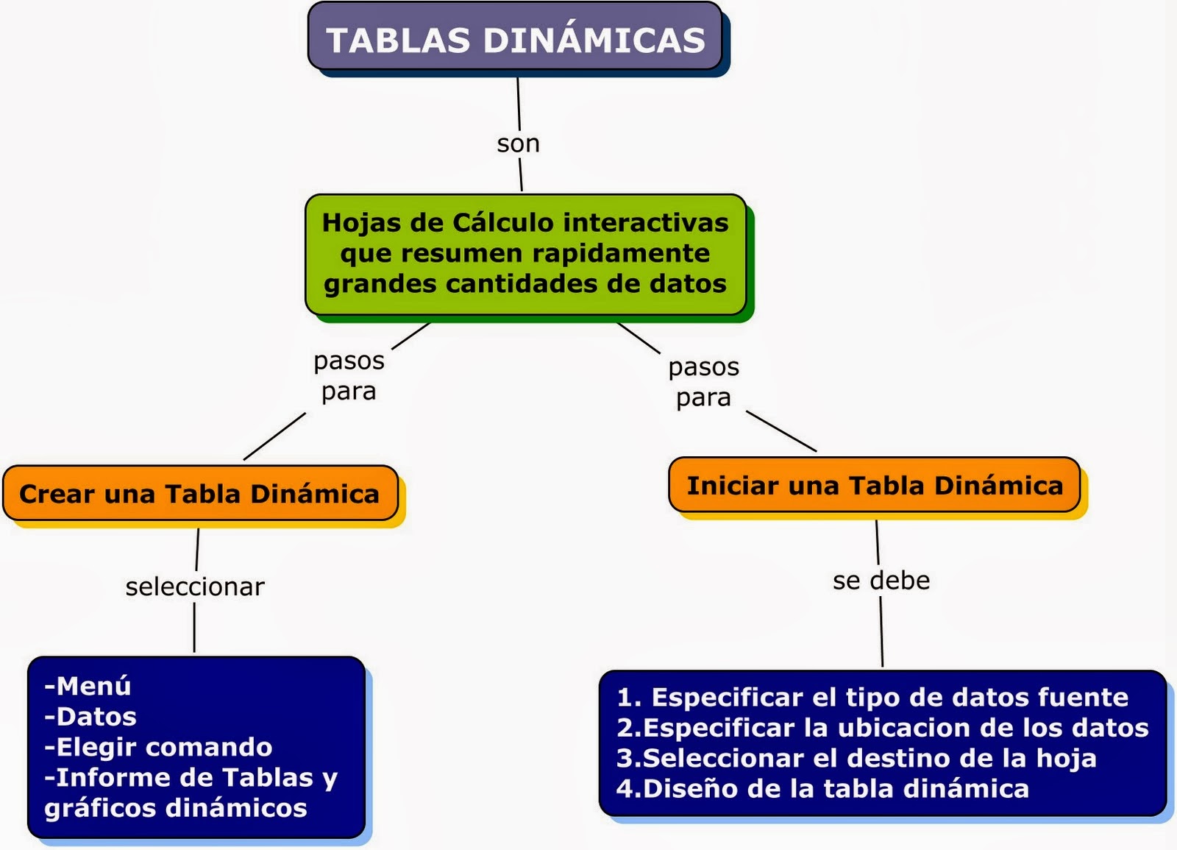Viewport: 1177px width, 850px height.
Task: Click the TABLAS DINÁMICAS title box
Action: [x=515, y=39]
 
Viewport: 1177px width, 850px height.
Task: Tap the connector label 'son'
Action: [x=518, y=144]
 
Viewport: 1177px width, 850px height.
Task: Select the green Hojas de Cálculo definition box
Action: [x=525, y=254]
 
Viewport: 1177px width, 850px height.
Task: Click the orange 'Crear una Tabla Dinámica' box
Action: [x=200, y=493]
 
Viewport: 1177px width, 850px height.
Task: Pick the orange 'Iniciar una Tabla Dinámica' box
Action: [x=874, y=485]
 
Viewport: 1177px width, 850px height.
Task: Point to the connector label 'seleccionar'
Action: [x=195, y=587]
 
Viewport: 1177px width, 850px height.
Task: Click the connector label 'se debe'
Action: [x=881, y=581]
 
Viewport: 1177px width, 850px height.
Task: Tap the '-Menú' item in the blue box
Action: [x=88, y=686]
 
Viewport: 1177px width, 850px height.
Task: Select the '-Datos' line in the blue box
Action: [x=90, y=716]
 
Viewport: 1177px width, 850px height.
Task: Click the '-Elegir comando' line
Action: [x=158, y=747]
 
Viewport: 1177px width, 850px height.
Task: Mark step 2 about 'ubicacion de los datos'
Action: [x=882, y=727]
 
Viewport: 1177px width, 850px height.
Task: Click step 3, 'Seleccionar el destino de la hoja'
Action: [x=856, y=758]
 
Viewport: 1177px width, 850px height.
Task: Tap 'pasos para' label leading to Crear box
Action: [x=349, y=375]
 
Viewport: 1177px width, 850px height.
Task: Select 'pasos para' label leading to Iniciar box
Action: [x=703, y=381]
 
